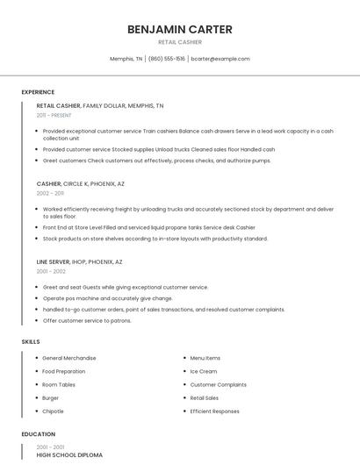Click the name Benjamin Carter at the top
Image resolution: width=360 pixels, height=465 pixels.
point(179,29)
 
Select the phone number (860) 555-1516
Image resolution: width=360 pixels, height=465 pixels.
point(167,59)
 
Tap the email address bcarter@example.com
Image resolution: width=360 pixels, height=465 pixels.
point(220,59)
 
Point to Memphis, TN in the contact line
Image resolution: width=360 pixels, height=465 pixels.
point(126,59)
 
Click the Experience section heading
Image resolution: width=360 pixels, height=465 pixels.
point(38,92)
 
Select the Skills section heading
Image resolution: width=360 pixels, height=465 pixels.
point(30,341)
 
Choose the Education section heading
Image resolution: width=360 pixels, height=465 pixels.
point(38,434)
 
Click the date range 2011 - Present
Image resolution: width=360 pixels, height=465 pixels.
point(54,115)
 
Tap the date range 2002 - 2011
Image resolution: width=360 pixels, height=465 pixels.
point(50,193)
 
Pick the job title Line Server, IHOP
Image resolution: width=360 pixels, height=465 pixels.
point(79,261)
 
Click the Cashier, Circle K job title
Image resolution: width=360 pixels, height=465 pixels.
point(80,183)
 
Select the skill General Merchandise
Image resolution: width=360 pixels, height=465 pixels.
point(69,358)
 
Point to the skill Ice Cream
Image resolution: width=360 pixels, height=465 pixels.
point(204,371)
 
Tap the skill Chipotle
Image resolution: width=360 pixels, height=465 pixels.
point(53,411)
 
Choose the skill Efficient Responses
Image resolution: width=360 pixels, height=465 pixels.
point(214,411)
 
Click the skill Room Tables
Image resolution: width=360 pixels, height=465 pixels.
point(59,384)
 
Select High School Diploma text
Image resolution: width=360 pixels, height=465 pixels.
point(69,455)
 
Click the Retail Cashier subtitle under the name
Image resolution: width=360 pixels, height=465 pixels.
point(179,42)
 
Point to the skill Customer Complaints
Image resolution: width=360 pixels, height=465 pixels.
point(218,384)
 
